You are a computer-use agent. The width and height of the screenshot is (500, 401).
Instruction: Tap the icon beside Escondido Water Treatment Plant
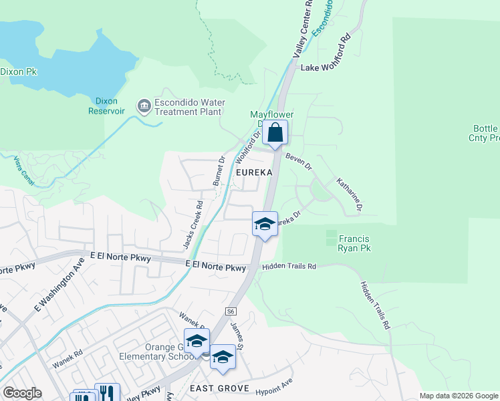coord(144,106)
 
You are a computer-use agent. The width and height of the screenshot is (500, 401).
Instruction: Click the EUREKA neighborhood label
coord(254,172)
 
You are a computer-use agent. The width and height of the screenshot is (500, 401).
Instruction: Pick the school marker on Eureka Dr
coord(265,225)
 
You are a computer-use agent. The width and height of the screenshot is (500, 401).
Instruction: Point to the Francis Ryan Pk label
coord(355,243)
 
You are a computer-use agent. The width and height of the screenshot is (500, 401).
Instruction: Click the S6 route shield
coord(231,311)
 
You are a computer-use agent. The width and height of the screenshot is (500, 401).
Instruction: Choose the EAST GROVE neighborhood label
coord(219,388)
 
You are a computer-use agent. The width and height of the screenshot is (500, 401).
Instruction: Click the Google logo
coord(22,393)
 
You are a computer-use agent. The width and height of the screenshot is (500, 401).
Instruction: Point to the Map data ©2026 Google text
coord(458,396)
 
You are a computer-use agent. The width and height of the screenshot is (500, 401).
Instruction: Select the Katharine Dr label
coord(349,194)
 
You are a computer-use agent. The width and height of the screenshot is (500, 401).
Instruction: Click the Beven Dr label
coord(298,161)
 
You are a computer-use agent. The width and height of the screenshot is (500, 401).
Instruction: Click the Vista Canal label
coord(23,170)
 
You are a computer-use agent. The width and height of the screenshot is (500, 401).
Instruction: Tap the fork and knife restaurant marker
coord(106,394)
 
